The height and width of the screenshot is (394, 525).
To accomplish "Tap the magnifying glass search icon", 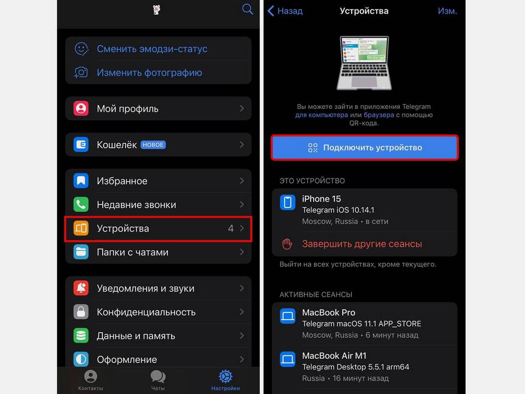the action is pos(247,9).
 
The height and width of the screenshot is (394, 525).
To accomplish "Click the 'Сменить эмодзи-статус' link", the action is pos(152,49).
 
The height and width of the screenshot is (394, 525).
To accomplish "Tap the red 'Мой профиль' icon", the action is pos(81,108).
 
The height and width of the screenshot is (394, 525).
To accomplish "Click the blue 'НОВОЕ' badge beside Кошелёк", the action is pos(153,144).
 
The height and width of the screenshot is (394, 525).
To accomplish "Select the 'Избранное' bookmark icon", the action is pos(81,181).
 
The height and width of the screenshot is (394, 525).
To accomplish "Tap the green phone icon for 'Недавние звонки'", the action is pos(81,204).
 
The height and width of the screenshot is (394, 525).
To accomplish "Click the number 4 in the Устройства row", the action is pos(231,229).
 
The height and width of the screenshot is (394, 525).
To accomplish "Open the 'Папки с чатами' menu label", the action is pos(132,252).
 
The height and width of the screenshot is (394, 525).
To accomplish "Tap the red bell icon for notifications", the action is pos(81,288).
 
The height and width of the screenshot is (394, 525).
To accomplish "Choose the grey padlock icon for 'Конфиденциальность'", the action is pos(81,312).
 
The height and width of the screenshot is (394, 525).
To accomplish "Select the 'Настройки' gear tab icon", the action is pos(225,376).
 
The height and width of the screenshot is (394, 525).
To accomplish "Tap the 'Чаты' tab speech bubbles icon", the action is pos(158,376).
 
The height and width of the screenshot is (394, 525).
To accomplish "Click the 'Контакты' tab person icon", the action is pos(90,376).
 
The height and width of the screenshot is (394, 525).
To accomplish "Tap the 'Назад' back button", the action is pos(285,11).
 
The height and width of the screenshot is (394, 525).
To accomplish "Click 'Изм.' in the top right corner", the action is pos(447,11).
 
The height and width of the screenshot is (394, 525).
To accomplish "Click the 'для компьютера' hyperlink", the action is pos(322,115).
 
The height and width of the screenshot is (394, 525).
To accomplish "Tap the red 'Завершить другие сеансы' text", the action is pos(362,244).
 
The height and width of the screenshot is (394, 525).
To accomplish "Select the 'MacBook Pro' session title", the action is pos(329,312).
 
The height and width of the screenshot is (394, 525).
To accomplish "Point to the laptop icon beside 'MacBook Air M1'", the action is pos(288,359).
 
